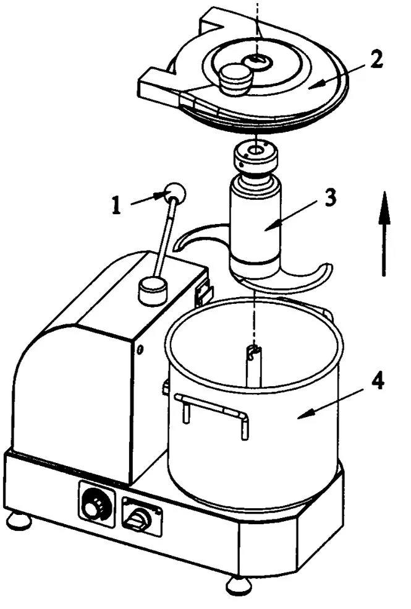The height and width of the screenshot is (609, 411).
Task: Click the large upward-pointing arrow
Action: [x=383, y=234]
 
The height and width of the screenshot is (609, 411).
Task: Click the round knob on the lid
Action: [x=234, y=79]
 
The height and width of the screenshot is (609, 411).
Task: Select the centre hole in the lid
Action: [x=256, y=60]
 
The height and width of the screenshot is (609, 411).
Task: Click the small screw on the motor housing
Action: [x=142, y=350]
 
